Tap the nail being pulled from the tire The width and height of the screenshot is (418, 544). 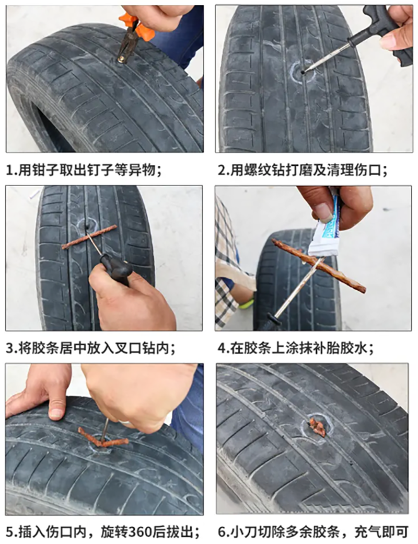click(x=122, y=59)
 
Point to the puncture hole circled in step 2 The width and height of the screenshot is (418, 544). click(x=303, y=72)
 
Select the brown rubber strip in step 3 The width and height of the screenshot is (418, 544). click(x=89, y=236)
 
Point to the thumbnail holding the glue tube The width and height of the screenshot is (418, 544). click(x=324, y=212)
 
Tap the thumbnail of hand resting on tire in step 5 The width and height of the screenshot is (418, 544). click(x=56, y=413)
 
